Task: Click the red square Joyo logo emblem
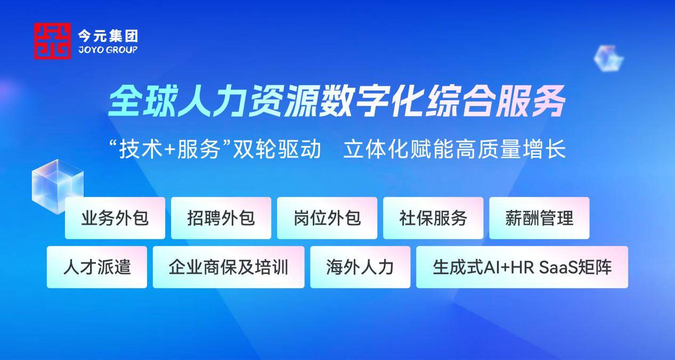tap(52, 41)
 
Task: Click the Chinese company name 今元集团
tap(108, 36)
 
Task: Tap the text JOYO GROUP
tap(108, 50)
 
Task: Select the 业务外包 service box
tap(115, 218)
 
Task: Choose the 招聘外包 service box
tap(221, 218)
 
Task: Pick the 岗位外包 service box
tap(327, 218)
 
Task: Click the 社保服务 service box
tap(433, 218)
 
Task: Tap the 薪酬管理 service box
tap(539, 218)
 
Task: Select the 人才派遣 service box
tap(97, 267)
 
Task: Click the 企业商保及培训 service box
tap(229, 267)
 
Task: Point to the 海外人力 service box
tap(360, 267)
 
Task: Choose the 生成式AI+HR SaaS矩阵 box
tap(522, 267)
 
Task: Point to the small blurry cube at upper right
tap(608, 59)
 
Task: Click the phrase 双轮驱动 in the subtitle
tap(277, 149)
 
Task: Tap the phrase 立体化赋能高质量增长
tap(454, 149)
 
